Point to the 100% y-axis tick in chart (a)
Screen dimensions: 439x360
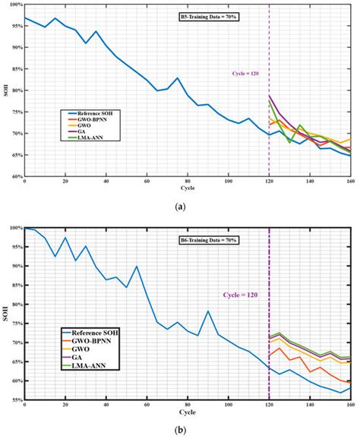(14, 5)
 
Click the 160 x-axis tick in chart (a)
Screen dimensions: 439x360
(349, 183)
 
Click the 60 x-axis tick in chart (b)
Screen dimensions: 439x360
(147, 406)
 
